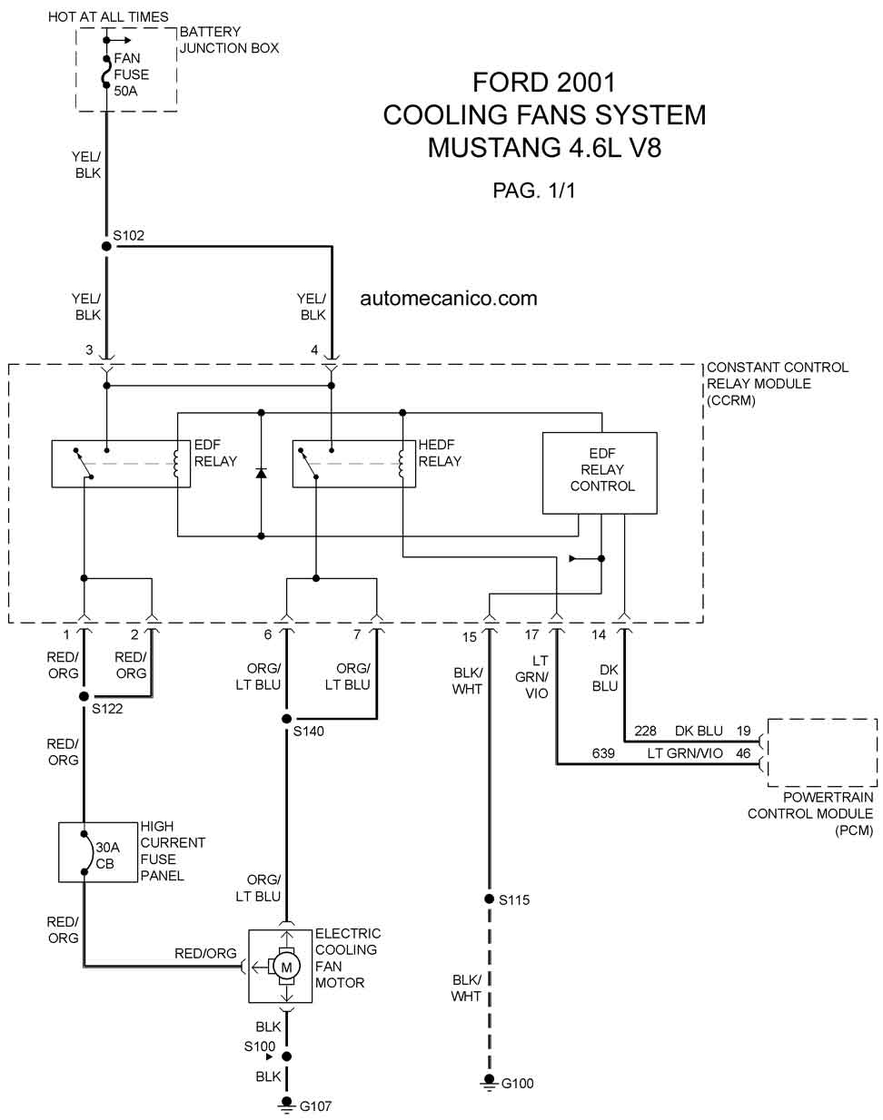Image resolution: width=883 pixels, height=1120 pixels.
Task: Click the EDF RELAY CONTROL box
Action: pos(600,473)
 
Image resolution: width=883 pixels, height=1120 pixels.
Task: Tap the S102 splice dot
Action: pos(106,246)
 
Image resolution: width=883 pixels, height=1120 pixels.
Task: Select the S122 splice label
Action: pos(107,709)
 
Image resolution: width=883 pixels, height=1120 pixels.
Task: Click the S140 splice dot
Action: pos(286,719)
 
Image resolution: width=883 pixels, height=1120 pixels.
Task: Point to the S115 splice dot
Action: pos(489,899)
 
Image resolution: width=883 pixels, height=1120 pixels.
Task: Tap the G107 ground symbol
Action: pos(286,1105)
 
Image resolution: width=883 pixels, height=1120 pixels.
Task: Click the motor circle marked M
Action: pos(286,967)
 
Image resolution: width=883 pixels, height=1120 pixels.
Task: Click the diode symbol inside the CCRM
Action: pos(262,473)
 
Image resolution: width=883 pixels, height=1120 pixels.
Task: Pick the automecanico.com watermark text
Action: pos(449,299)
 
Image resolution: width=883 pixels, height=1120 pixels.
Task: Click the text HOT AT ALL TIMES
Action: pos(108,16)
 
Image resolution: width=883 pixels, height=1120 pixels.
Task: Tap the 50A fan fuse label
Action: pos(125,91)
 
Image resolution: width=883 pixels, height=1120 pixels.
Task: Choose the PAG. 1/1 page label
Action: pos(535,191)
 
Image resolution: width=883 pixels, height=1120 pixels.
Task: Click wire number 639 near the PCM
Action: pos(602,753)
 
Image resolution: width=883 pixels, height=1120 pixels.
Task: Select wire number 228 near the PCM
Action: pos(645,731)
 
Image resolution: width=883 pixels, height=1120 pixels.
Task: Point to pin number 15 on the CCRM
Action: pos(470,637)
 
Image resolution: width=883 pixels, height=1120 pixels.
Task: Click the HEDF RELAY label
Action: pos(440,453)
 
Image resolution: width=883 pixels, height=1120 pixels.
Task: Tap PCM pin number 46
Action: pos(743,753)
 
